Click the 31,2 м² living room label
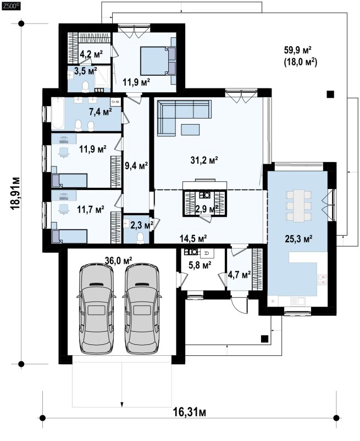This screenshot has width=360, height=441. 204,160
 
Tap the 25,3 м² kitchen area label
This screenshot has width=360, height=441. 298,239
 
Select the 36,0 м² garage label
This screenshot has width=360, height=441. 119,260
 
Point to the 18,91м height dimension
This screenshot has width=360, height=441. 15,193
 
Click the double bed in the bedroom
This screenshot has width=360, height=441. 158,61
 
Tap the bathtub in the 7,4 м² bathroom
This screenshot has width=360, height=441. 58,113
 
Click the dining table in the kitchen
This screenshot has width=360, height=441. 299,205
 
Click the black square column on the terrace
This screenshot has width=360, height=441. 330,94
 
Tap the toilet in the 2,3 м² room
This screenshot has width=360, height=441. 140,238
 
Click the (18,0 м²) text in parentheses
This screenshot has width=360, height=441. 300,62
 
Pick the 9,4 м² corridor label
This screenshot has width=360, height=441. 136,166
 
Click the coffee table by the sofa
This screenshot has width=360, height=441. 190,130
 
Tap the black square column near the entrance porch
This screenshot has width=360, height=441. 264,339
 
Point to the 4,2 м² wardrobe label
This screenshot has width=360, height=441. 91,53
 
